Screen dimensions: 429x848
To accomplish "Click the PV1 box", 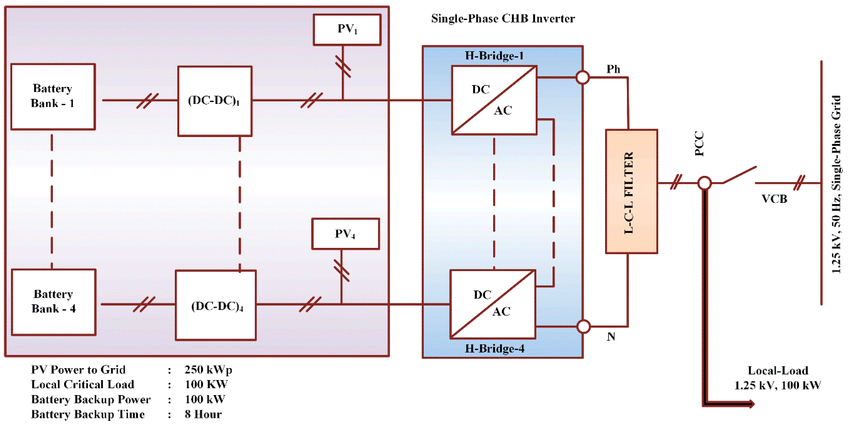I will tap(347, 30).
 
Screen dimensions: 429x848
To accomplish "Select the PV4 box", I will tap(345, 234).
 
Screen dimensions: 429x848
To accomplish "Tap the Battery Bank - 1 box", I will tap(53, 97).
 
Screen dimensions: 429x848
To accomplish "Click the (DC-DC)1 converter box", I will tap(215, 101).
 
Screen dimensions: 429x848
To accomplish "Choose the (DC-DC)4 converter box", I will tap(216, 305).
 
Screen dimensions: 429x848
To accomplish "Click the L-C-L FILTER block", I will tap(631, 192).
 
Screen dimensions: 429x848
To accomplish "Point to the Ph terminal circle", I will tap(583, 78).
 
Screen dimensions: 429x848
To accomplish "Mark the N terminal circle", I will tap(583, 326).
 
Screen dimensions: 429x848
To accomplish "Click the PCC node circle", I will tap(704, 183).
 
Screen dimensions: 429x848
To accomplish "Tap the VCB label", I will tap(774, 199).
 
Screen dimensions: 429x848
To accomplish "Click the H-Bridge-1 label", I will tap(494, 56).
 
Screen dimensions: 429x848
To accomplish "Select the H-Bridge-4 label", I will tap(494, 349).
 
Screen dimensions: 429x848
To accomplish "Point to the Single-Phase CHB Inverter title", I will tap(503, 19).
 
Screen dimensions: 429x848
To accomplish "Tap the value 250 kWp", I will tap(208, 370).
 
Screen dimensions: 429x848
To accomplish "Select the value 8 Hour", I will tap(203, 414).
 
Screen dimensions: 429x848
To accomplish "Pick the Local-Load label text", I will tap(778, 371).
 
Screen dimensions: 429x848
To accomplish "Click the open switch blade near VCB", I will tap(740, 175).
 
